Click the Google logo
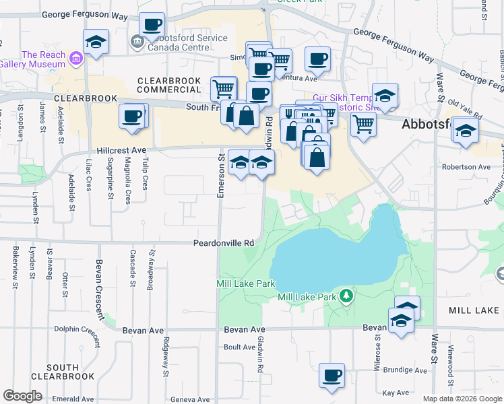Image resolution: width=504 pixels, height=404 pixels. pos(22,396)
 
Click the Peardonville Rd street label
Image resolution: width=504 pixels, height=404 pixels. pos(223,242)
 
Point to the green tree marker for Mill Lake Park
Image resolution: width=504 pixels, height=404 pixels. pos(346,296)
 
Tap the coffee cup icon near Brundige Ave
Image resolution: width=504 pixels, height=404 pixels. pos(331,376)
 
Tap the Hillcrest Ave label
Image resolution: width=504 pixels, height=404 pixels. pos(121,151)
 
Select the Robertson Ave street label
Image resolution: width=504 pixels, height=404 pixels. pos(466,166)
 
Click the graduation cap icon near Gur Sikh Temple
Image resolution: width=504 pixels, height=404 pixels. pos(385,96)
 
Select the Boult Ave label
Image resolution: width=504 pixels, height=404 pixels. pos(239,347)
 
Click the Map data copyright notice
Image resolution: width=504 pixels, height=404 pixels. pos(461,399)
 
